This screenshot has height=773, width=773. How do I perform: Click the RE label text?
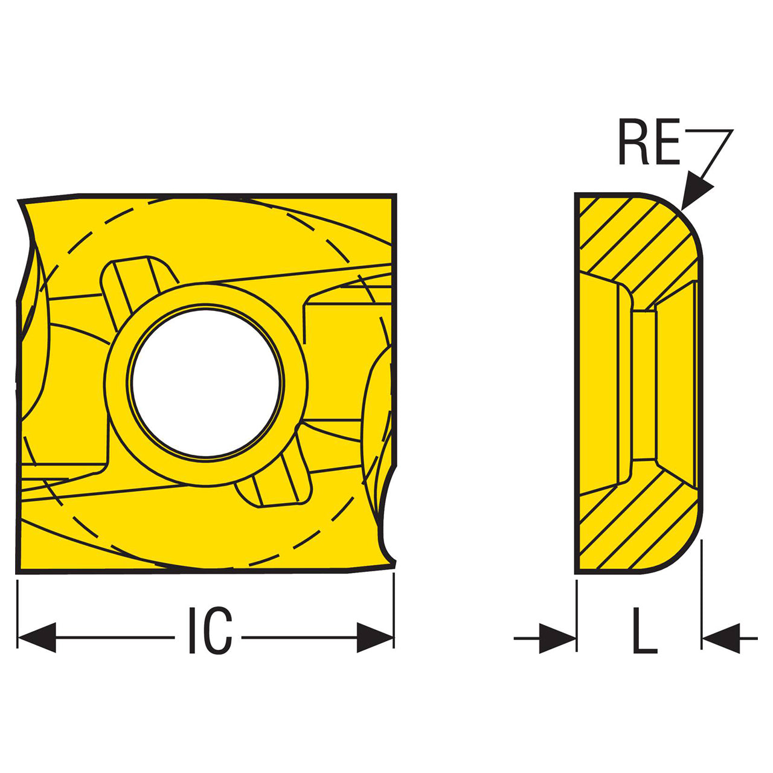coord(649,142)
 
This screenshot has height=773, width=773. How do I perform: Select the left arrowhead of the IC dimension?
coord(37,649)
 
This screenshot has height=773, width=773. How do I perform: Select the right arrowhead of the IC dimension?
coord(374,649)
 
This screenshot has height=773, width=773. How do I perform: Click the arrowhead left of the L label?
coord(557,649)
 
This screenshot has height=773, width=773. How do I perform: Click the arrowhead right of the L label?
coord(721,649)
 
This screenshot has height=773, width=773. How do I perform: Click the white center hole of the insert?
coord(205,383)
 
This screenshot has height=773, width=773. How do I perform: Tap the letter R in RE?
coord(634,142)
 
